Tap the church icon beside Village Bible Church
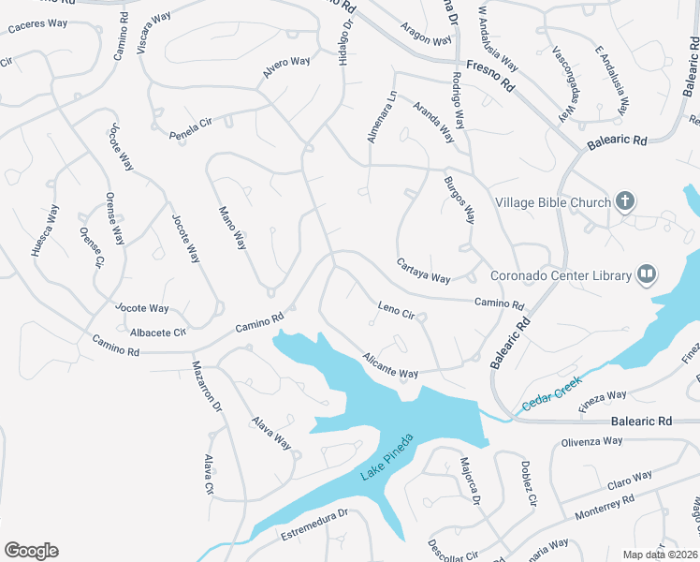[625, 200]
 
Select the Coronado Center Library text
[561, 275]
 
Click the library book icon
[646, 274]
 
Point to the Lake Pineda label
[386, 458]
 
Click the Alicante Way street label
[390, 365]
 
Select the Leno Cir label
[396, 310]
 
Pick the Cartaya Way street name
[423, 271]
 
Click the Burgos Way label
[459, 199]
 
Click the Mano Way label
[232, 228]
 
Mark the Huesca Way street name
[46, 229]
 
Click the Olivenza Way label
[591, 442]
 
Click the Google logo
[31, 551]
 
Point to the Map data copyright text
[661, 555]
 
